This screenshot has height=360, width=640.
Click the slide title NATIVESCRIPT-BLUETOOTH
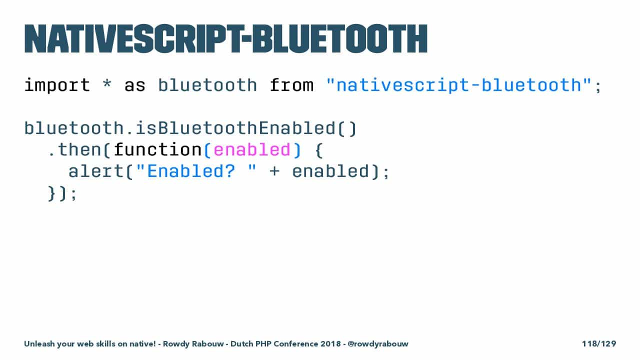point(226,39)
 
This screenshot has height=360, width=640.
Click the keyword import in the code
point(57,85)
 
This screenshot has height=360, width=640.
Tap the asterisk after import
point(107,83)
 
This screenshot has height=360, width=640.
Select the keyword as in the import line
point(135,85)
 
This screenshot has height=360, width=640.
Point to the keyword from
point(291,85)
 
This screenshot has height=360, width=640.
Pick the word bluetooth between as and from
point(207,85)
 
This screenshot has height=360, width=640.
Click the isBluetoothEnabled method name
point(235,128)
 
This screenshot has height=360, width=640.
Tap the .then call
point(75,149)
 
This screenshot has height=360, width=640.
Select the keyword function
point(158,149)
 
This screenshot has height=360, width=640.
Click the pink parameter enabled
point(252,149)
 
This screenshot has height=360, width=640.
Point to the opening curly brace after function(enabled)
point(319,150)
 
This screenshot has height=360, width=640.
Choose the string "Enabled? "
point(196,171)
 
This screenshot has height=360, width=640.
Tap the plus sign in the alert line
point(274,171)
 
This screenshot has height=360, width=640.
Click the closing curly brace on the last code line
point(51,193)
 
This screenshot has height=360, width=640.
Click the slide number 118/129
point(599,343)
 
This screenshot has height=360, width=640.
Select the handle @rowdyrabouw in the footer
point(378,343)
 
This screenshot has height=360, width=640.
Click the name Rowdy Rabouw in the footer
point(193,343)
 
